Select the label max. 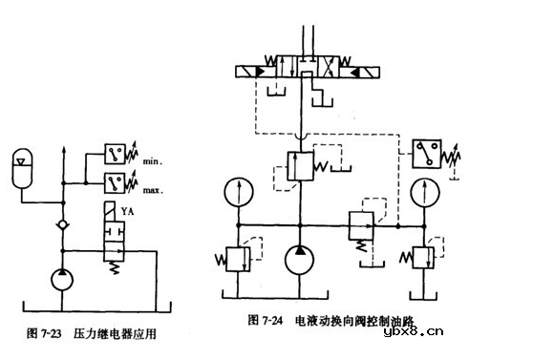(x=153, y=189)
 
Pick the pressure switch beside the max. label (x=118, y=181)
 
